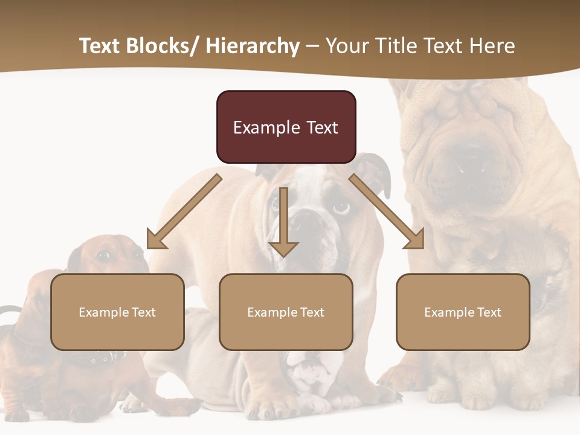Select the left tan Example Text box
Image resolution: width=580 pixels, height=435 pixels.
[x=117, y=312]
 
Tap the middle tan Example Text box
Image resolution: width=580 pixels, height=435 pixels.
[x=286, y=312]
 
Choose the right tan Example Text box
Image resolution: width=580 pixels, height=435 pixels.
[x=463, y=312]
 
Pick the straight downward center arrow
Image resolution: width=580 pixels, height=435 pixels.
[x=283, y=222]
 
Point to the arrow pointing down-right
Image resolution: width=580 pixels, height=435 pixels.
[x=388, y=213]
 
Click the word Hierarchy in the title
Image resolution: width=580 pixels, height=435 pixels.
[x=253, y=46]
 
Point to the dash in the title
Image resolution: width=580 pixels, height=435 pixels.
[x=312, y=47]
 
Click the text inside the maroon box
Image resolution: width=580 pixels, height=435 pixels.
[x=286, y=127]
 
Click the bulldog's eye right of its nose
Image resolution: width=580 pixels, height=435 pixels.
[x=341, y=207]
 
